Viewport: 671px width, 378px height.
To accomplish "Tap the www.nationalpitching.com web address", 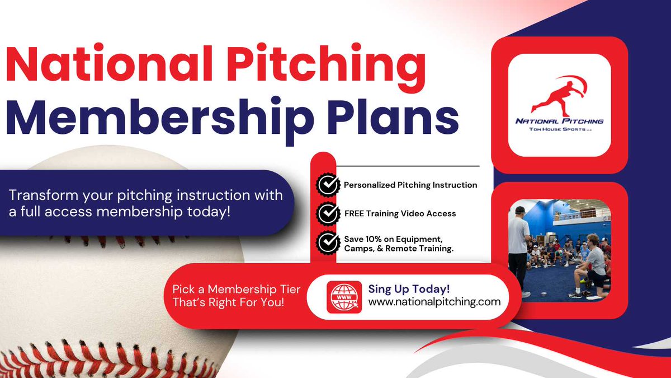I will pyautogui.click(x=434, y=302).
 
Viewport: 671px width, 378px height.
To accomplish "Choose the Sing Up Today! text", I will pyautogui.click(x=409, y=289).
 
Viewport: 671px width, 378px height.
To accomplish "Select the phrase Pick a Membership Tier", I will pyautogui.click(x=237, y=290).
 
